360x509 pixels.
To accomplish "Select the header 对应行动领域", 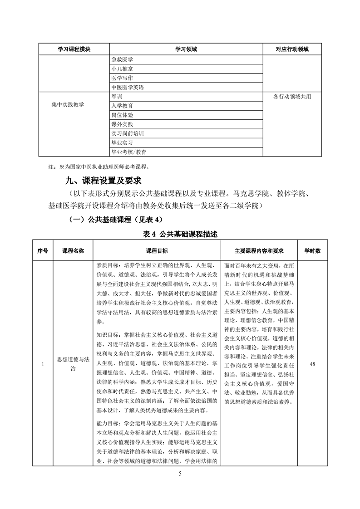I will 292,49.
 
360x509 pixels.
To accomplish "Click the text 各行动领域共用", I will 292,97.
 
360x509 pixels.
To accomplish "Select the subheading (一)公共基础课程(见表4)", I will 114,220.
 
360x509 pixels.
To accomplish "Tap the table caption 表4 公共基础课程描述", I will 180,235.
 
